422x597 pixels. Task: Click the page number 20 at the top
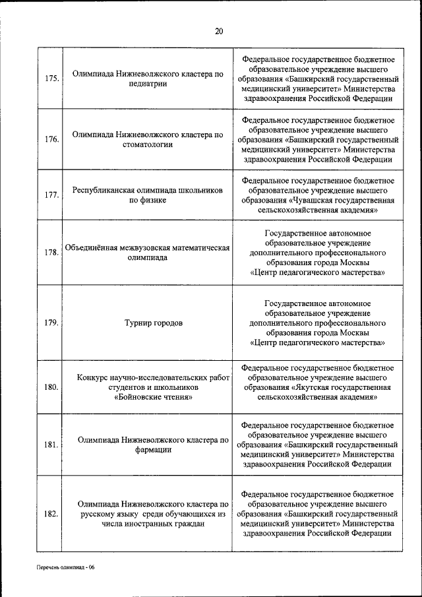point(219,31)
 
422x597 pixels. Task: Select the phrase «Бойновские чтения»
point(153,398)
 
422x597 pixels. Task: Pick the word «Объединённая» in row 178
point(91,248)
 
